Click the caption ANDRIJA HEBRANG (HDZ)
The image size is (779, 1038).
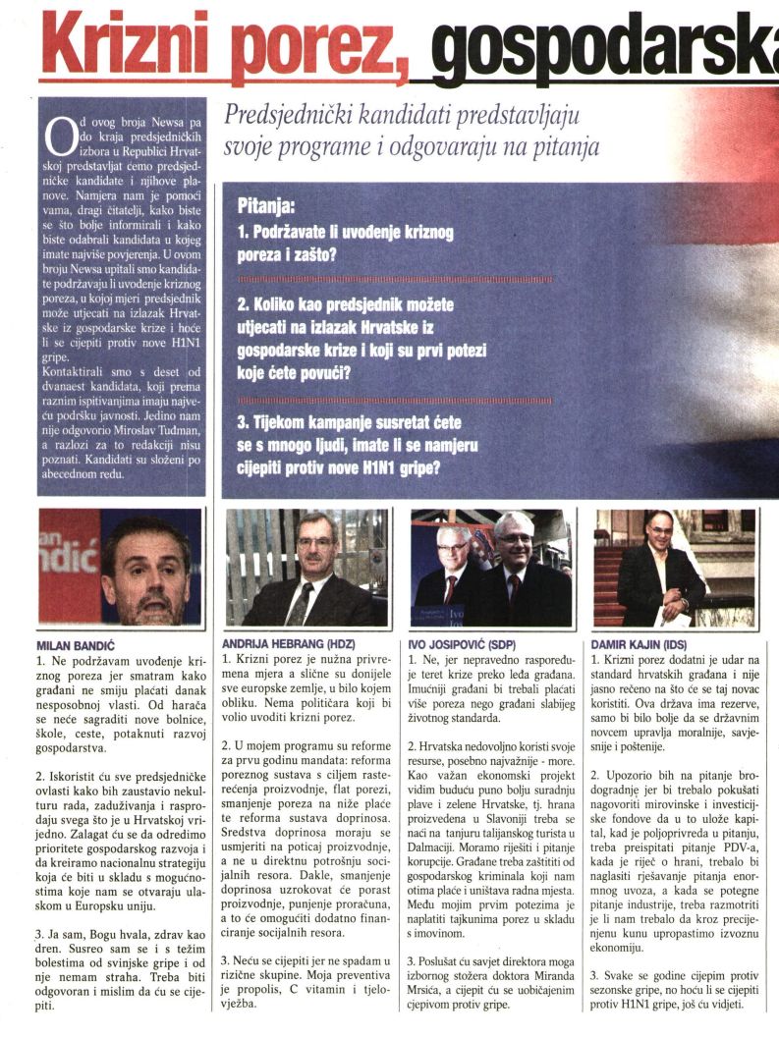[282, 645]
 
